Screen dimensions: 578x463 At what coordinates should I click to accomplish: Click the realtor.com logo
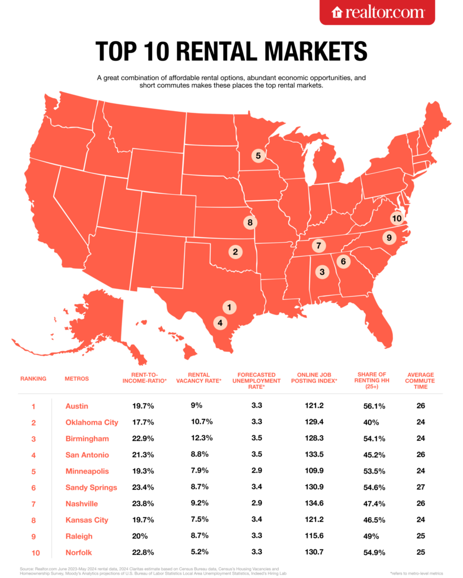[x=377, y=12]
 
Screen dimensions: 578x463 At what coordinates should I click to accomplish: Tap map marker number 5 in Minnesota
[x=258, y=155]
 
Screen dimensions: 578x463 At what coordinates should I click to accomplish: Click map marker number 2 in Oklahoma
[x=235, y=252]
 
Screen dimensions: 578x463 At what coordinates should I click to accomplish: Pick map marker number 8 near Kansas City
[x=250, y=222]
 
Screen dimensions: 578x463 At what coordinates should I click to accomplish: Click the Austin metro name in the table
[x=77, y=406]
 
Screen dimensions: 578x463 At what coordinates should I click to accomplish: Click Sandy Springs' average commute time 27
[x=419, y=488]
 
